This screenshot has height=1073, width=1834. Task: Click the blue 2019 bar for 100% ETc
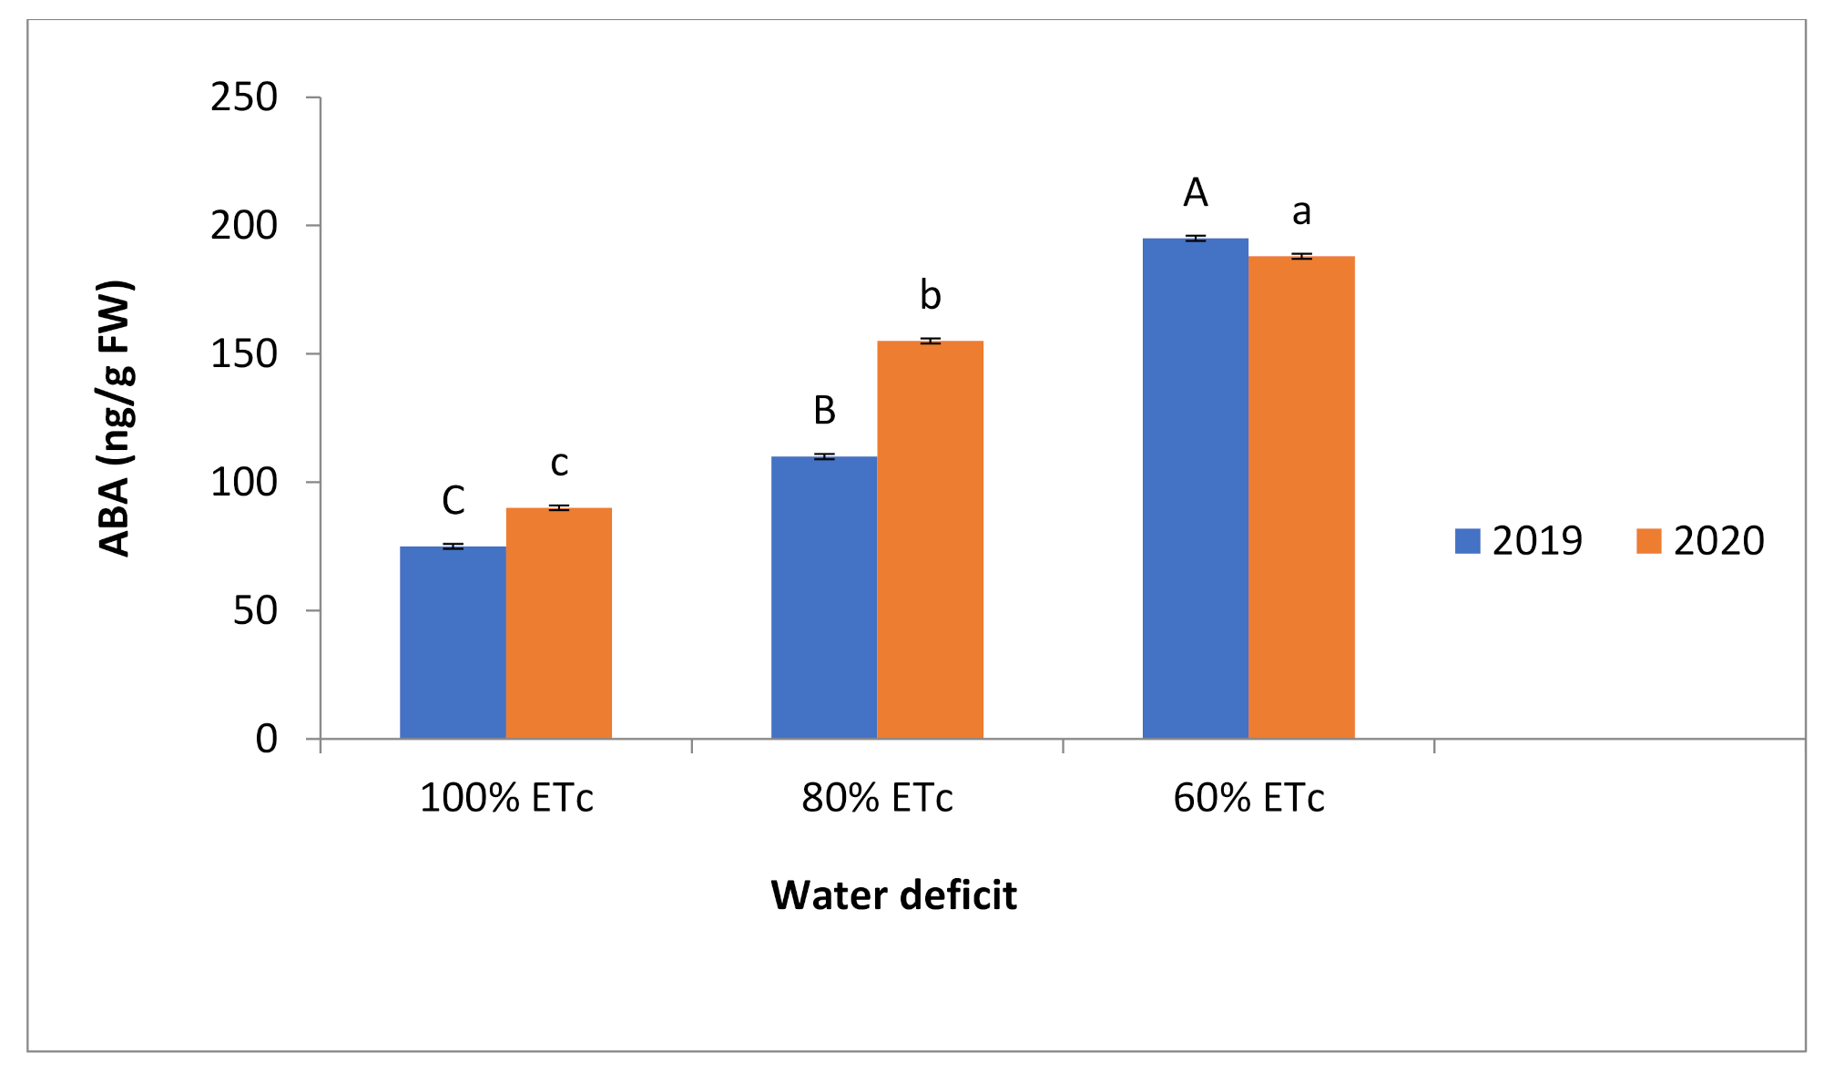click(x=453, y=642)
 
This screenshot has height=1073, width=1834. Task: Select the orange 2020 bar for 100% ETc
click(x=558, y=623)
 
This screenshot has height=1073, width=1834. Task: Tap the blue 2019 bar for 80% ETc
click(x=823, y=598)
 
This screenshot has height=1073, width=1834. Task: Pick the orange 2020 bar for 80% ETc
click(x=930, y=539)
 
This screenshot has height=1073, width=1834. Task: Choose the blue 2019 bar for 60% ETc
click(x=1195, y=488)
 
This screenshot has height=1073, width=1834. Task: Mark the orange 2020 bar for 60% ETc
click(x=1301, y=497)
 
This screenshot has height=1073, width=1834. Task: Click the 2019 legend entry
click(x=1519, y=541)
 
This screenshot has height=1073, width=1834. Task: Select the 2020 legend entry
click(x=1700, y=541)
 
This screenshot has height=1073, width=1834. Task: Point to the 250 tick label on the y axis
click(x=244, y=97)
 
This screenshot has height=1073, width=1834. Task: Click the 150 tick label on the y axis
click(x=244, y=354)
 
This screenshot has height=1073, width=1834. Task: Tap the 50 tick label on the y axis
click(x=255, y=611)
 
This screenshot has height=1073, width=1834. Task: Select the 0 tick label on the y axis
click(x=266, y=739)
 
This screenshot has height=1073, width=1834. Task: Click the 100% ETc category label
click(x=506, y=799)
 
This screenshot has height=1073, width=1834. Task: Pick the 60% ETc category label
click(x=1248, y=799)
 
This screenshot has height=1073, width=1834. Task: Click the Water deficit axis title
click(x=893, y=895)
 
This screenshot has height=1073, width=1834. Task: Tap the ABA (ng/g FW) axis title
click(x=116, y=419)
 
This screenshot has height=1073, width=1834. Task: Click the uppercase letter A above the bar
click(x=1195, y=193)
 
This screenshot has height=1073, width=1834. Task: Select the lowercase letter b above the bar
click(x=930, y=295)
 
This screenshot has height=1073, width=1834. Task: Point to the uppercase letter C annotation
click(x=453, y=500)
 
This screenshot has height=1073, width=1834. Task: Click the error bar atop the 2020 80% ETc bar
click(x=930, y=341)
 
